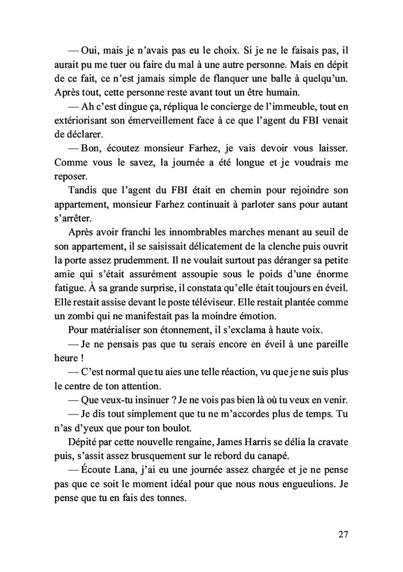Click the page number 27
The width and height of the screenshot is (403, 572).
pos(343,534)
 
